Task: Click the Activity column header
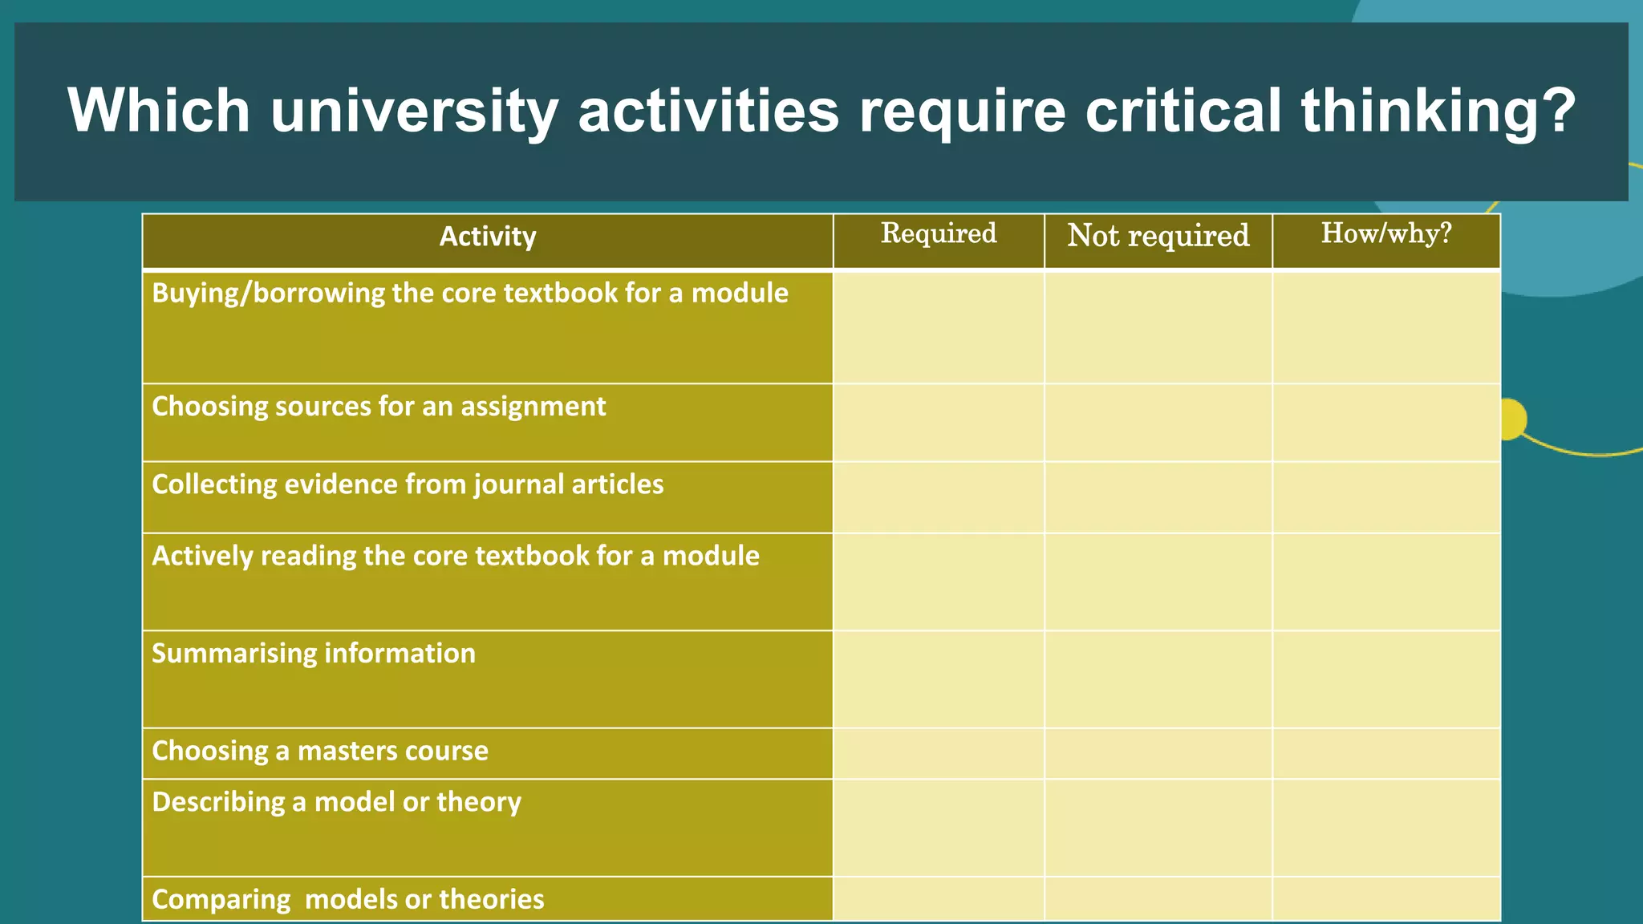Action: click(488, 237)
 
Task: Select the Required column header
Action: click(939, 233)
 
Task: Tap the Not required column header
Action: click(1158, 236)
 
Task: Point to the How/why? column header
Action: click(1386, 233)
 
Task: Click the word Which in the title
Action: click(159, 111)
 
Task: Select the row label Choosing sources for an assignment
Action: click(379, 407)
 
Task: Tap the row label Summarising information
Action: click(314, 654)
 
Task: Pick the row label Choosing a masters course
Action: click(320, 751)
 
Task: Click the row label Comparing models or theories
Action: click(348, 899)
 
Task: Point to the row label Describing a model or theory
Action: click(337, 802)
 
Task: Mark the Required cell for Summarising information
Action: click(939, 679)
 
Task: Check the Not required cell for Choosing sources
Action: click(1158, 423)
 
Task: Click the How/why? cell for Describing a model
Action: click(1386, 828)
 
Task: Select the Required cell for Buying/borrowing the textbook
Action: click(939, 327)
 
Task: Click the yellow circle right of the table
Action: click(1513, 419)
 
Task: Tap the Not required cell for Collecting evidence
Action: click(1158, 497)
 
